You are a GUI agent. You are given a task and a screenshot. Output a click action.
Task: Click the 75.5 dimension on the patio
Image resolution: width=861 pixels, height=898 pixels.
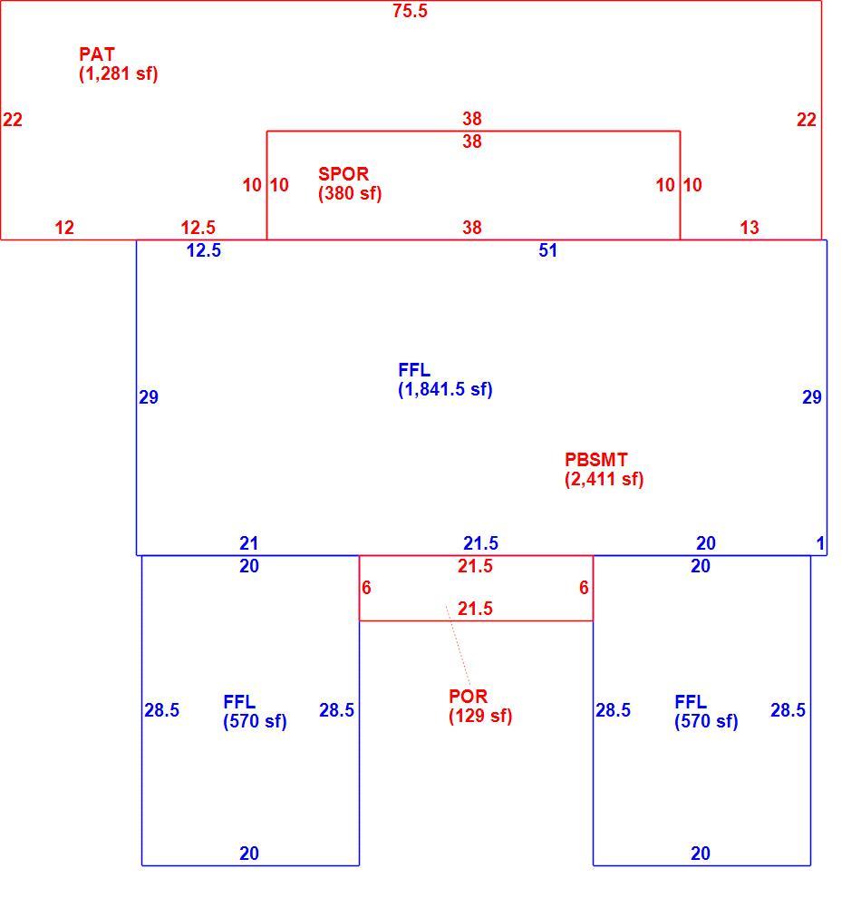click(x=410, y=11)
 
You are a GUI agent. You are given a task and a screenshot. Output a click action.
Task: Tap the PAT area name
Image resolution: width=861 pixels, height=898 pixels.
click(x=97, y=54)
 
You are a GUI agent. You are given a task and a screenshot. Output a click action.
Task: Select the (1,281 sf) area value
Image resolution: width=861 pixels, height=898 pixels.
click(x=119, y=73)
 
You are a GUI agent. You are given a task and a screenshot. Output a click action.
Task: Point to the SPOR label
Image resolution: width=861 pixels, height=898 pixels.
click(x=343, y=174)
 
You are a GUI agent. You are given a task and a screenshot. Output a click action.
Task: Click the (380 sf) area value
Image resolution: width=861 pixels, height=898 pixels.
click(x=350, y=193)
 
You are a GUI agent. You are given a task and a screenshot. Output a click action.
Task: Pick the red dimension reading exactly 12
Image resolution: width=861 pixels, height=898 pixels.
click(x=64, y=228)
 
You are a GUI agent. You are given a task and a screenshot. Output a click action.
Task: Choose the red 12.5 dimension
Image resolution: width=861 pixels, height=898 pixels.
click(x=198, y=228)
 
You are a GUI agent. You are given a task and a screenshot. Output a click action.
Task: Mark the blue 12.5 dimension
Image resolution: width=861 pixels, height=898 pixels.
click(x=204, y=251)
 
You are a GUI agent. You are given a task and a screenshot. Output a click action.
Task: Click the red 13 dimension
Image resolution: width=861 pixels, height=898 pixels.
click(x=749, y=228)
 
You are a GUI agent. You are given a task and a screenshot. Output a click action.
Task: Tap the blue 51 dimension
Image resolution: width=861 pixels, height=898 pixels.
click(x=547, y=251)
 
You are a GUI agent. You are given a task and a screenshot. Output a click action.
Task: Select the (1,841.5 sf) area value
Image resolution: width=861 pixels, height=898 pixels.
click(x=445, y=390)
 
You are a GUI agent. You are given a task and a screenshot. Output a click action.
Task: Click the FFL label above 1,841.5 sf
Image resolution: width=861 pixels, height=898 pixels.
click(x=414, y=371)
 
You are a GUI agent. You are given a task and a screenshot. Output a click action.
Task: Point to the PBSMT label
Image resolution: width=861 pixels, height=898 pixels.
click(x=595, y=460)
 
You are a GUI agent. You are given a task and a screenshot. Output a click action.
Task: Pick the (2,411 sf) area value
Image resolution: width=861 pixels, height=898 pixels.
click(x=605, y=479)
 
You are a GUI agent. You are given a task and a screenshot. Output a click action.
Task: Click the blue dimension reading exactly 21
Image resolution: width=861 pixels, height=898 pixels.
click(x=249, y=543)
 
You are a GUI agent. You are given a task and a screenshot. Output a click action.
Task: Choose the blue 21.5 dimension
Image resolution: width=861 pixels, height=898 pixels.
click(x=480, y=543)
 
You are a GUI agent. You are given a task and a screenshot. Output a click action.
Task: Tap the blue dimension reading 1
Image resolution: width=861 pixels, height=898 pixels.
click(x=820, y=543)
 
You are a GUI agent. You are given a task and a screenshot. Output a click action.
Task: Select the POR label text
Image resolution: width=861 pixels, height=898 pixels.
click(x=468, y=697)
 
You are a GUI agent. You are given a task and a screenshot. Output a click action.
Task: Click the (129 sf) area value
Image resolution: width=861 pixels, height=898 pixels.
click(x=480, y=716)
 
